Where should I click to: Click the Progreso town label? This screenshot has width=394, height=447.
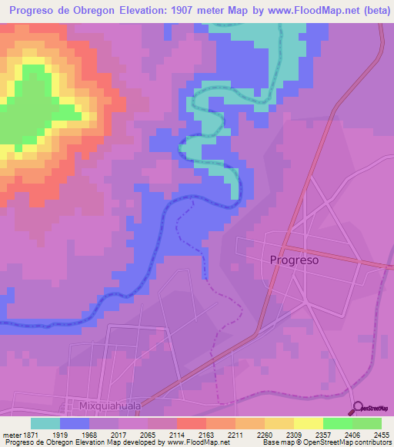(294, 260)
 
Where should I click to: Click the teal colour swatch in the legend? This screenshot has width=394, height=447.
(45, 423)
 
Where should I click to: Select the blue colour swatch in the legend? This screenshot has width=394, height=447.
(75, 423)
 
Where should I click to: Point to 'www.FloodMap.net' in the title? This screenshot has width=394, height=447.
(315, 10)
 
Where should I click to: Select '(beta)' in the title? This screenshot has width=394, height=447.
(372, 10)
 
